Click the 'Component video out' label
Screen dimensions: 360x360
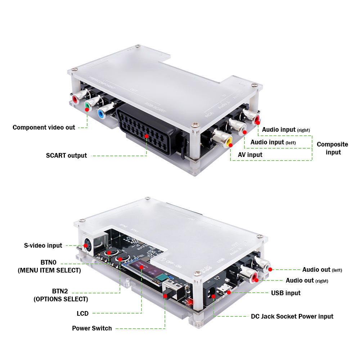(x=44, y=127)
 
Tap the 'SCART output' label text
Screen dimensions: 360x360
(x=66, y=156)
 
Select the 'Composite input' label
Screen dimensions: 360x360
(x=332, y=148)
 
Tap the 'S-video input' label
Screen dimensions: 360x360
(x=43, y=246)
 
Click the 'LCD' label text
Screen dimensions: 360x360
(x=82, y=314)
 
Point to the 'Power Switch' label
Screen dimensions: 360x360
(x=92, y=328)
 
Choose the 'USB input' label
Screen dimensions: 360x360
(x=286, y=293)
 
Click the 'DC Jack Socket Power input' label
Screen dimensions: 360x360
(x=292, y=316)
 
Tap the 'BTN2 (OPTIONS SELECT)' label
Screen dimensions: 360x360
(x=60, y=295)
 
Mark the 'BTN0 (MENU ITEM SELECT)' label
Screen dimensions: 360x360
(x=49, y=266)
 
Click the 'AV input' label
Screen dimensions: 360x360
(x=250, y=155)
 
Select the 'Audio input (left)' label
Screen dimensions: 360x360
(x=273, y=142)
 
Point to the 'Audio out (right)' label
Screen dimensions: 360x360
(x=307, y=280)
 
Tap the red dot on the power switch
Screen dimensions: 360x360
(x=166, y=296)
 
